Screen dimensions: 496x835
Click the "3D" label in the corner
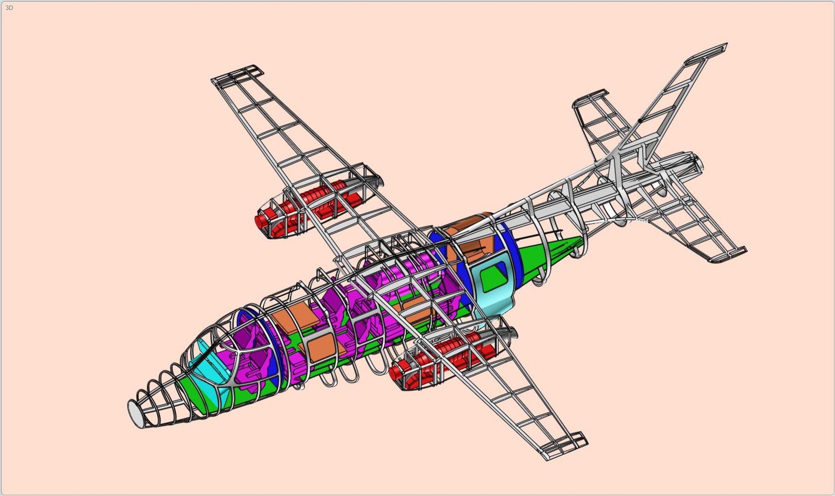pyautogui.click(x=9, y=8)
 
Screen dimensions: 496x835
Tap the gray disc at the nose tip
pyautogui.click(x=135, y=414)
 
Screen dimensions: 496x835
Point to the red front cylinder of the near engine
pyautogui.click(x=397, y=370)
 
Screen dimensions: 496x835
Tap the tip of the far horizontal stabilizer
pyautogui.click(x=591, y=99)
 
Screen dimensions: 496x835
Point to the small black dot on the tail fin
pyautogui.click(x=640, y=121)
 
